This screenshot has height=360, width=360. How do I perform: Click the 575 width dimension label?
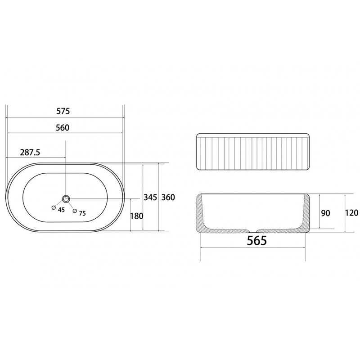63,111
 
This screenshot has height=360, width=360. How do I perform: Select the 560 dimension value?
63,128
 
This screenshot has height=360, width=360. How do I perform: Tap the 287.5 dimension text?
30,152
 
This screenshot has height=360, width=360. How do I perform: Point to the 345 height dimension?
150,197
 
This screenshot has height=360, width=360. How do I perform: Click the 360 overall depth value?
168,197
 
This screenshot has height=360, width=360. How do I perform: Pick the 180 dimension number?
137,216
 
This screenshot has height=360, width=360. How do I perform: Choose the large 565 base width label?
257,240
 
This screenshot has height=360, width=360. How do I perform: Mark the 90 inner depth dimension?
325,213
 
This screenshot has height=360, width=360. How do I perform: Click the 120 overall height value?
351,213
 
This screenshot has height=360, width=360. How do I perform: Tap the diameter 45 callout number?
61,210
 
